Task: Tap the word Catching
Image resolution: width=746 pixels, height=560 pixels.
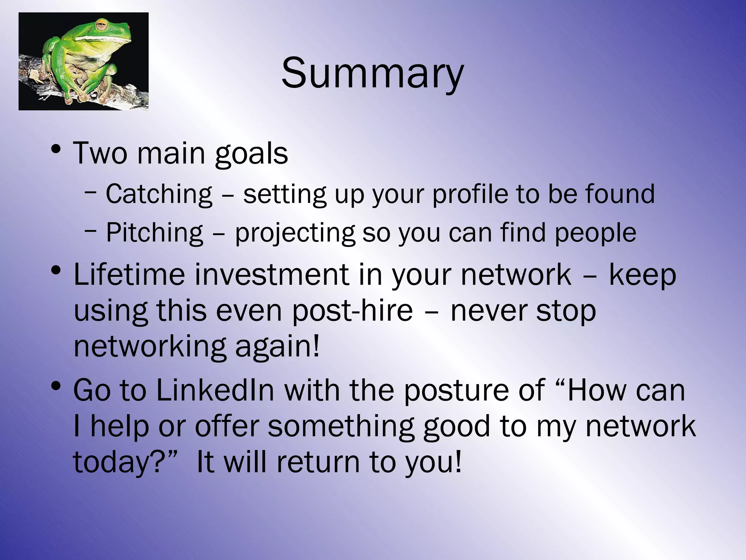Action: [159, 194]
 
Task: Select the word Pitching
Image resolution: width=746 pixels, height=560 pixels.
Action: [154, 232]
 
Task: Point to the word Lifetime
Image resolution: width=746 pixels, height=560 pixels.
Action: [129, 274]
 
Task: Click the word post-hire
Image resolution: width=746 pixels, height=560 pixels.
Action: [352, 311]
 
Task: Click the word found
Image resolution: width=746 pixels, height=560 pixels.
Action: [620, 194]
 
